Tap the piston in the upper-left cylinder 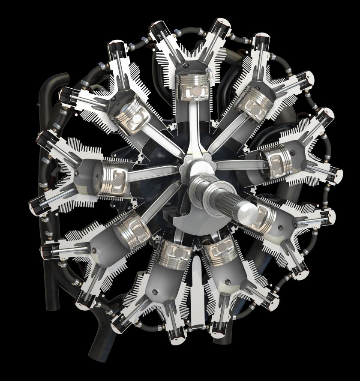pos(134,113)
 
